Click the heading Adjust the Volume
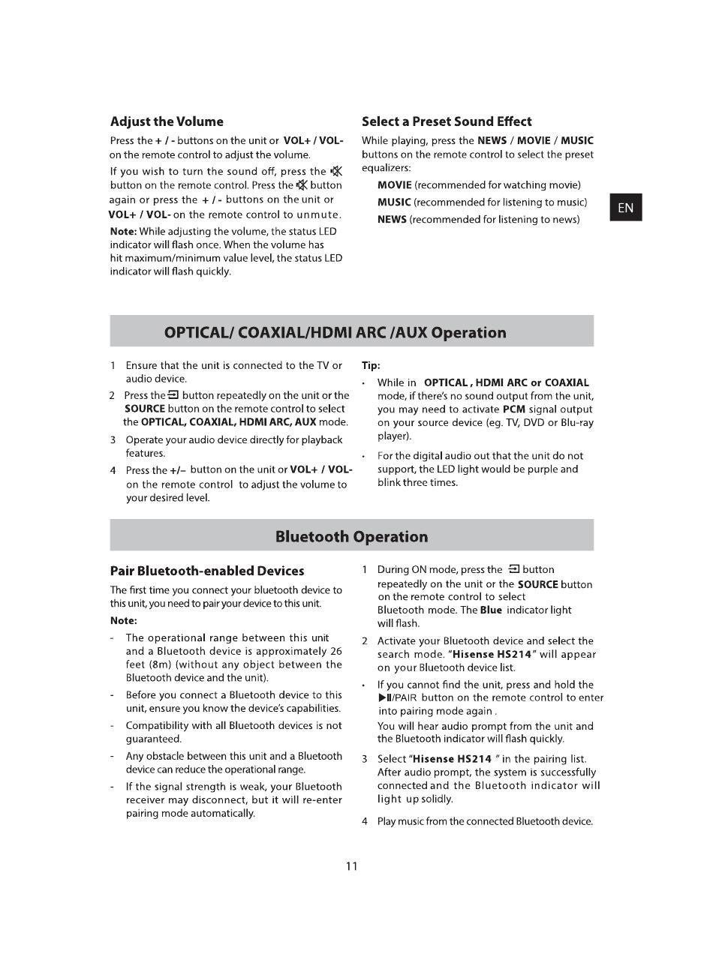(x=167, y=121)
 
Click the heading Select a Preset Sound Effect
(x=447, y=121)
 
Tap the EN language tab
(x=626, y=208)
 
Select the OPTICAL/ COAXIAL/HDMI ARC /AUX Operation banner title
(x=335, y=332)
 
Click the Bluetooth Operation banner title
(x=351, y=536)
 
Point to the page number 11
(x=352, y=866)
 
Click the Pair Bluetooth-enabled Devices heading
(x=207, y=571)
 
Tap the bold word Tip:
(x=371, y=366)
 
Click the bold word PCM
(x=514, y=409)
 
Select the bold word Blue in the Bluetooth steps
(x=491, y=610)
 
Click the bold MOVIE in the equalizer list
(x=394, y=185)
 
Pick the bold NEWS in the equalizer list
(x=392, y=220)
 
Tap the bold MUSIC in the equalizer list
(x=394, y=202)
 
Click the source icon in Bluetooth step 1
(x=514, y=569)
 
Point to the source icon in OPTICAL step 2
(x=173, y=395)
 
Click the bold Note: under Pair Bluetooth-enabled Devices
(x=124, y=620)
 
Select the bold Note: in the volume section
(x=123, y=232)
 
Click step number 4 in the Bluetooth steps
(x=365, y=821)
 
